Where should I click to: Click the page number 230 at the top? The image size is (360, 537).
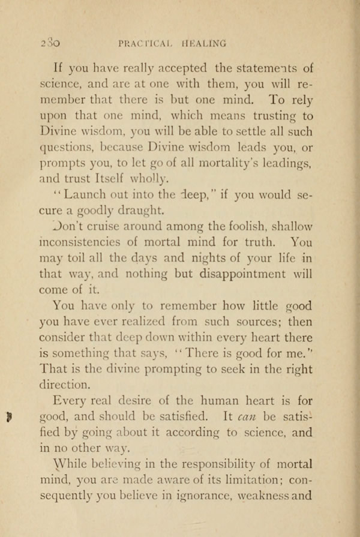(47, 43)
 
